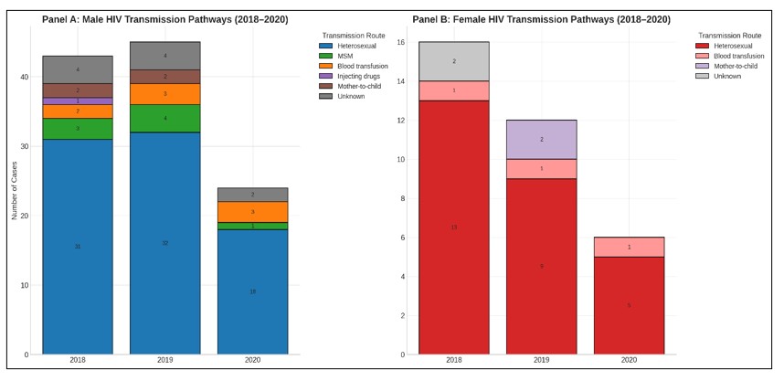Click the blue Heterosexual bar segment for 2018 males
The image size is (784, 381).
coord(78,247)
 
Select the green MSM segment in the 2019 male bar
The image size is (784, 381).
coord(164,118)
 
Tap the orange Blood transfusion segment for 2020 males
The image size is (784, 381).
coord(252,212)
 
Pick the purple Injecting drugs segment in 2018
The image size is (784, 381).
coord(78,101)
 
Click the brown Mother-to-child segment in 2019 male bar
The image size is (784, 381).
coord(164,77)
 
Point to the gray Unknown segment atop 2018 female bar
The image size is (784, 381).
coord(454,61)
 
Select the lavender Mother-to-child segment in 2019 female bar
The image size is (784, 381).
coord(542,139)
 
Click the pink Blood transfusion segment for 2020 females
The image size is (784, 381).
coord(629,247)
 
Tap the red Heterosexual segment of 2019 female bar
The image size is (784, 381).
coord(542,266)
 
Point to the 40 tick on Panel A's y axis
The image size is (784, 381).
coord(24,77)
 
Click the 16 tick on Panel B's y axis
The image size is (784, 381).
coord(399,42)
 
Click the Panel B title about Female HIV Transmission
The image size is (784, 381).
coord(540,18)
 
